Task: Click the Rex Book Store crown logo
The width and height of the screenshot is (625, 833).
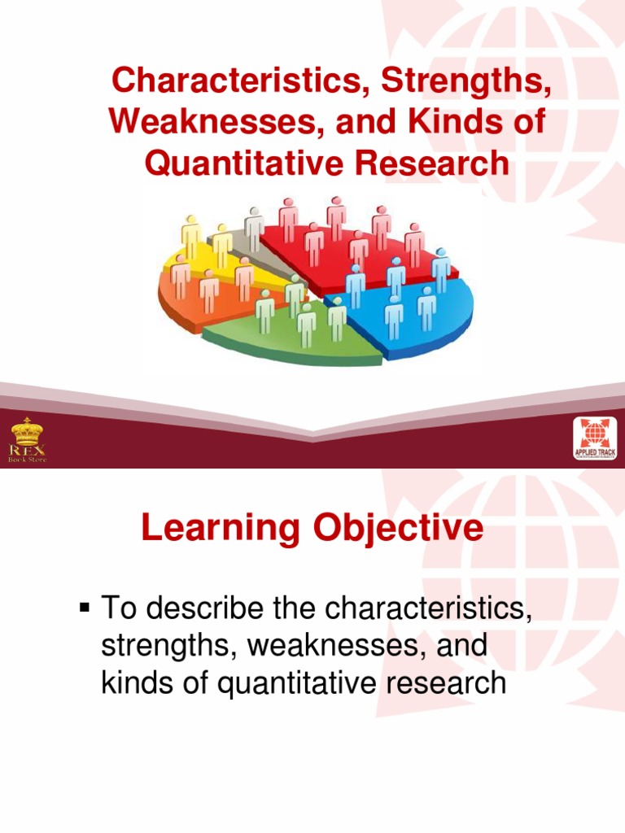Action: pyautogui.click(x=28, y=440)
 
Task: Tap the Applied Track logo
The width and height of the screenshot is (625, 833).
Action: pyautogui.click(x=594, y=440)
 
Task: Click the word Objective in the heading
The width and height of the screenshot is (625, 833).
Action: pyautogui.click(x=397, y=529)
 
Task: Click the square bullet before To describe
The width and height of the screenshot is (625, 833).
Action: pyautogui.click(x=84, y=606)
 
